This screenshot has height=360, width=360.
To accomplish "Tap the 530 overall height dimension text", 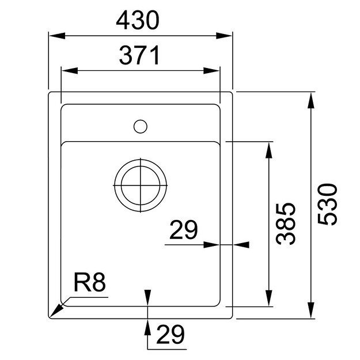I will (x=327, y=204).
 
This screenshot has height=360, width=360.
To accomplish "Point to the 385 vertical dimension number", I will (x=286, y=223).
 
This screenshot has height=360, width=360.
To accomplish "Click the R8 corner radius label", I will (x=90, y=284).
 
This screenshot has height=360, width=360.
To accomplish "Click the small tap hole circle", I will (x=140, y=125).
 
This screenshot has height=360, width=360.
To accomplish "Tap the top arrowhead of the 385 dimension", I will (x=268, y=148).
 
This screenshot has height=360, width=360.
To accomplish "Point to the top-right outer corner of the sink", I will (x=232, y=92).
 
